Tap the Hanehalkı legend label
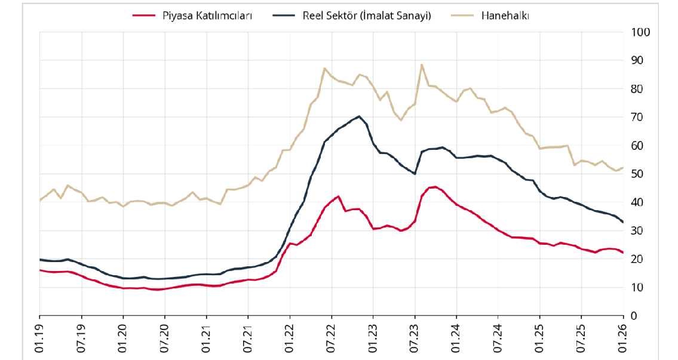coord(505,16)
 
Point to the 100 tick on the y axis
coord(640,32)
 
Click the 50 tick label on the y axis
coord(637,174)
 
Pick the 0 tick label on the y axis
coord(634,316)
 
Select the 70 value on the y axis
coord(637,117)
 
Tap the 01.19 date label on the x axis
coord(40,338)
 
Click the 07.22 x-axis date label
coord(332,338)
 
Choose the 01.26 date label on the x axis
coord(624,338)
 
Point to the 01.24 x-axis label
coord(456,338)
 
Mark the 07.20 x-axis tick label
coord(165,338)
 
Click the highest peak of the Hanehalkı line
coord(422,64)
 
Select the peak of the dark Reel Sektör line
coord(359,116)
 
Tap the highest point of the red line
coord(435,187)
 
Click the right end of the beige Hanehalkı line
coord(623,168)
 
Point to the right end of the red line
coord(623,253)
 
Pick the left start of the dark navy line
coord(40,260)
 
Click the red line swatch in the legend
coord(144,16)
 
